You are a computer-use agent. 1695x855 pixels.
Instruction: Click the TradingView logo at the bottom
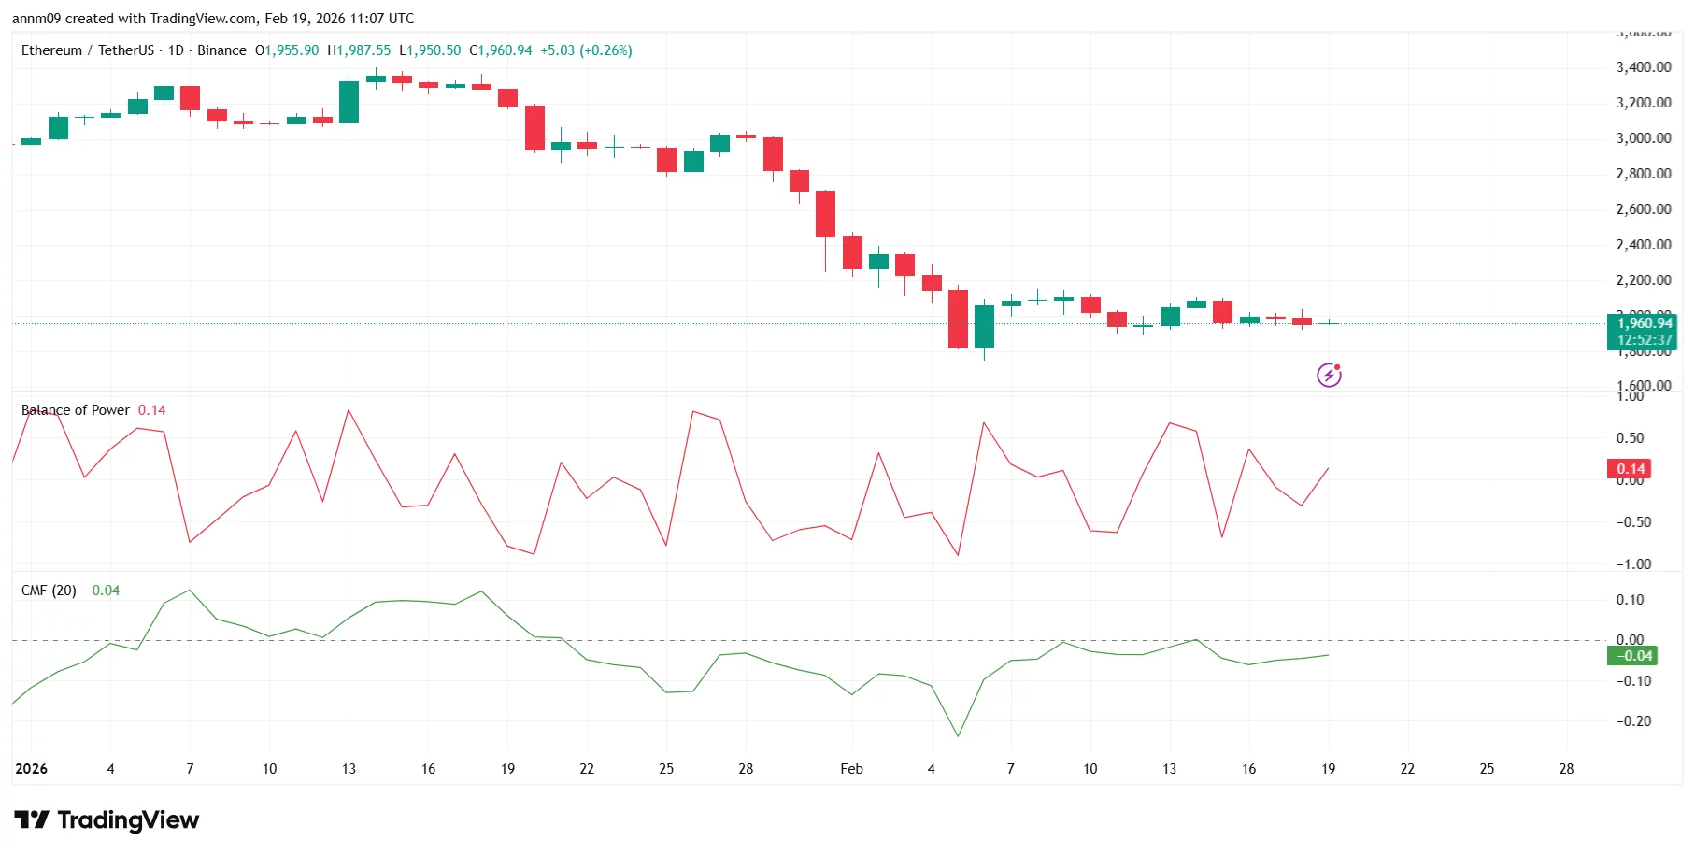point(107,820)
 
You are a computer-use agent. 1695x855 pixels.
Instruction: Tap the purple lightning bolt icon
point(1329,376)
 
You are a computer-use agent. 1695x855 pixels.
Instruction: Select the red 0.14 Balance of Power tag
point(1631,469)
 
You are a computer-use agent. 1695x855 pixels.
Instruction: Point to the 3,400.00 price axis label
point(1644,67)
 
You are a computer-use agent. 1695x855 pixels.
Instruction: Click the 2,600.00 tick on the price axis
point(1644,209)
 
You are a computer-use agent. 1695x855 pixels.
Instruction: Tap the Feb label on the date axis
point(851,769)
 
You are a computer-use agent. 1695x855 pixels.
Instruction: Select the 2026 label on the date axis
point(31,769)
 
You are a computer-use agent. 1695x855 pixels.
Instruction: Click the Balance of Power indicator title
point(76,410)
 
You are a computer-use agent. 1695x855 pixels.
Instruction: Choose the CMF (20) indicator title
point(49,591)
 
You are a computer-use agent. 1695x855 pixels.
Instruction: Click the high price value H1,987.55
point(359,50)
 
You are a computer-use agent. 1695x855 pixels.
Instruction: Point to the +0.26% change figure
point(605,50)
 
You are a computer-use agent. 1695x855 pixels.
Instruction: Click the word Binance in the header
point(221,50)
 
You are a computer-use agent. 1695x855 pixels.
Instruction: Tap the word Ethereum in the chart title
point(51,50)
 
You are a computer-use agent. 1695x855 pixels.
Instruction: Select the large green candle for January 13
point(349,102)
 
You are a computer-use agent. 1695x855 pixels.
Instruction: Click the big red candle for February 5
point(958,319)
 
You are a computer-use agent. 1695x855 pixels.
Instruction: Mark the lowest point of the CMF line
point(958,736)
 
